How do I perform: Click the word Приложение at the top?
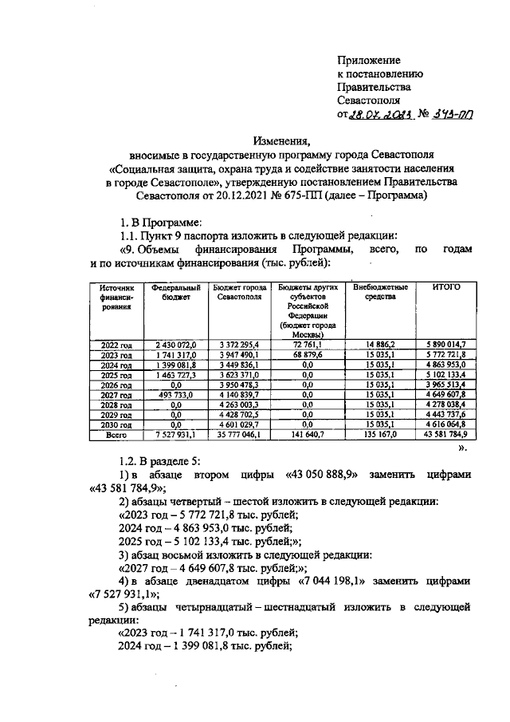click(x=369, y=60)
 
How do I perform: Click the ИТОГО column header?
click(x=446, y=287)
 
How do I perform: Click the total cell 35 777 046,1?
click(x=245, y=435)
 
